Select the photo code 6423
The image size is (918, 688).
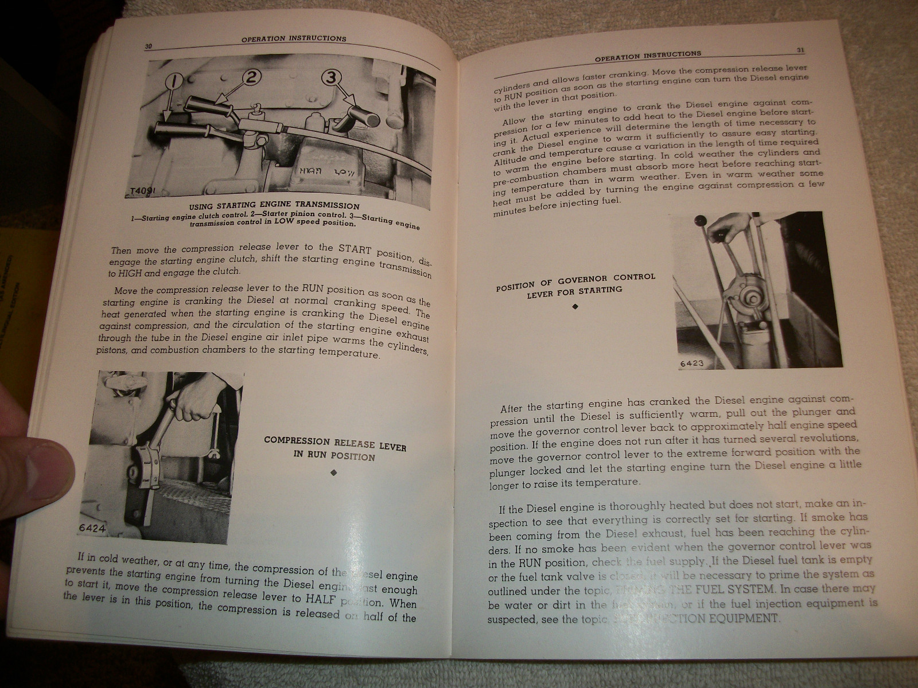[x=691, y=363]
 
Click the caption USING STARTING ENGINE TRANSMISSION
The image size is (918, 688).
[x=274, y=205]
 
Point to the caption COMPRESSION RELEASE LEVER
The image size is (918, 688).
[x=334, y=443]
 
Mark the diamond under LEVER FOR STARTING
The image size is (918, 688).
[x=575, y=307]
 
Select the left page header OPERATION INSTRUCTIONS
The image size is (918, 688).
[x=294, y=39]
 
